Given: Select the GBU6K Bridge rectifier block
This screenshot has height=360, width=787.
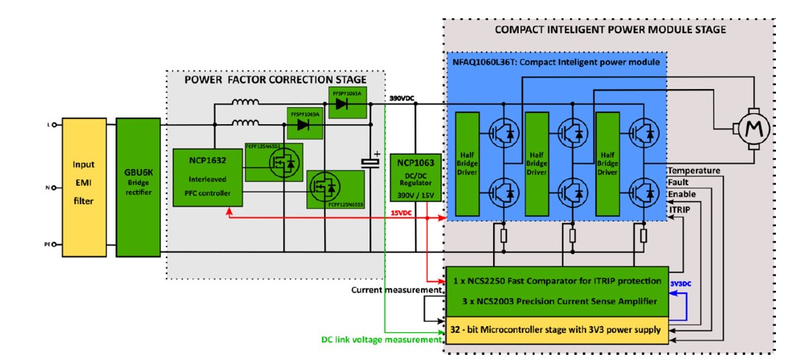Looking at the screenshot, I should coord(138,186).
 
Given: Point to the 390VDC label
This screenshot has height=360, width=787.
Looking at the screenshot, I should coord(403,97).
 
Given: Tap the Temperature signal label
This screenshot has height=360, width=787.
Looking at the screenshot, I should coord(693,170).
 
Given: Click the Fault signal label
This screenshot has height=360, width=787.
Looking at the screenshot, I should coord(678,183).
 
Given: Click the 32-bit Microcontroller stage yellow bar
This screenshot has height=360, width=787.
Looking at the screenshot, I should coord(556,330).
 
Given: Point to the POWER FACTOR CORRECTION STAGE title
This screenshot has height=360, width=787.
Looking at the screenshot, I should coord(285,79).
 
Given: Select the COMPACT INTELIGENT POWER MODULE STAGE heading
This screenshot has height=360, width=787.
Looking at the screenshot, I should coord(611,29).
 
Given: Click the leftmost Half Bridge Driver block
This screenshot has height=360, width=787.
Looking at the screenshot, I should coord(467,165).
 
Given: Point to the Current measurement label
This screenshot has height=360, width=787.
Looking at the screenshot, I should coord(396,291).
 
